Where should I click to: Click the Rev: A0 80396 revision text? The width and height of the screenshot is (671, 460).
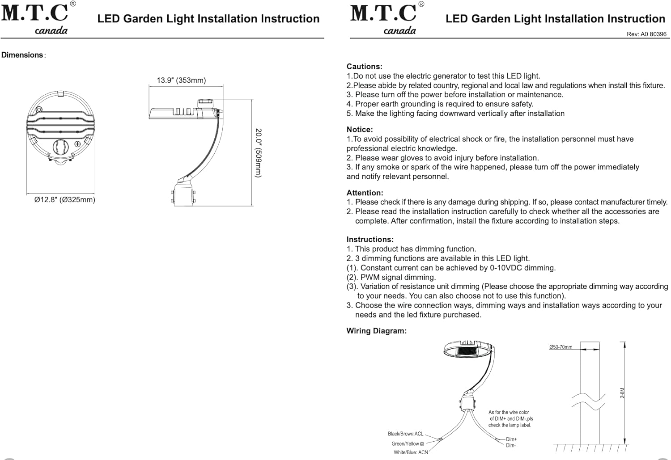coord(646,34)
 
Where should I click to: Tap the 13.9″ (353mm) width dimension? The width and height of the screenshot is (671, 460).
coord(181,80)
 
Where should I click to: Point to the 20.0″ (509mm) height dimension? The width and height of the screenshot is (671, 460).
coord(258,153)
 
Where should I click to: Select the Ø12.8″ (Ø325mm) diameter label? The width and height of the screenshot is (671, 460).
coord(65,200)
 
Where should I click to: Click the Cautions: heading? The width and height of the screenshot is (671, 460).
coord(364,67)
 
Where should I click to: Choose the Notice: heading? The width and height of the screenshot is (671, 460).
coord(360,130)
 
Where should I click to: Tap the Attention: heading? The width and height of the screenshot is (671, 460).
coord(365,193)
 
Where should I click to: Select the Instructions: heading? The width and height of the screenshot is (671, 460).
coord(370,240)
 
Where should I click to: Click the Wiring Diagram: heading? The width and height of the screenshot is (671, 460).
coord(377,331)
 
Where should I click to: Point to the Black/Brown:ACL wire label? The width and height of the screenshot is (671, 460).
coord(406,434)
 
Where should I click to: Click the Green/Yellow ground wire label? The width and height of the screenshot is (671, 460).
coord(408,443)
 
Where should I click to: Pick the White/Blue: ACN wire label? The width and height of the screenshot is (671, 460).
coord(411,452)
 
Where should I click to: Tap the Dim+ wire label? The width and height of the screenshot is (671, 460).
coord(511,439)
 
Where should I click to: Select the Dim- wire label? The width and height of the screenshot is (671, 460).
coord(511,445)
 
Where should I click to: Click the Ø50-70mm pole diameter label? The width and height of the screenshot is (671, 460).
coord(561,347)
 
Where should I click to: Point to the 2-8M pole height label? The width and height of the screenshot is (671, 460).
coord(622,393)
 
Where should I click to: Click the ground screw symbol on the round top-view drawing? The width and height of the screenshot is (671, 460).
coord(77,144)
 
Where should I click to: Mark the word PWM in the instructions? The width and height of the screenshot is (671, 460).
coord(369,277)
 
